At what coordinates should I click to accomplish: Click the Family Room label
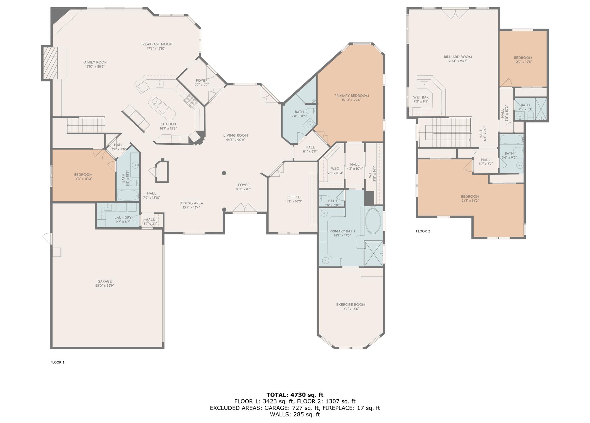(x=95, y=62)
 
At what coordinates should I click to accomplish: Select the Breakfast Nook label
(x=156, y=44)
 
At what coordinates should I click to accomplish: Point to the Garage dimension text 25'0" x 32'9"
(x=104, y=286)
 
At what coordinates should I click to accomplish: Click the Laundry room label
(x=123, y=218)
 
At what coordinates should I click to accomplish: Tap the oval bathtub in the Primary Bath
(x=373, y=221)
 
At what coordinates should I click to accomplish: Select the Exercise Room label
(x=351, y=304)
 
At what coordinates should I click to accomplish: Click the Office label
(x=294, y=197)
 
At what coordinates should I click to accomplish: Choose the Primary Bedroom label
(x=351, y=96)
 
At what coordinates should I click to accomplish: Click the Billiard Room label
(x=458, y=57)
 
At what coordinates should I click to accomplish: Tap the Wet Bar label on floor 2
(x=421, y=97)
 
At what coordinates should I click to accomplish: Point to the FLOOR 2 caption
(x=423, y=231)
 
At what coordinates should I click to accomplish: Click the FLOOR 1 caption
(x=57, y=362)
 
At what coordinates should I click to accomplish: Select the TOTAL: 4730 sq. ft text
(x=295, y=395)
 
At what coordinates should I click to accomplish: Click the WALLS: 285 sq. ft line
(x=295, y=415)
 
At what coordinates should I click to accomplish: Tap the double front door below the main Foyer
(x=245, y=208)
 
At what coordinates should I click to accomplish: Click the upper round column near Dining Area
(x=224, y=173)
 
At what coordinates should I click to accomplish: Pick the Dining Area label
(x=191, y=203)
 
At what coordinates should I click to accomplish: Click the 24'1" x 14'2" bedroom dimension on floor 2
(x=470, y=201)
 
